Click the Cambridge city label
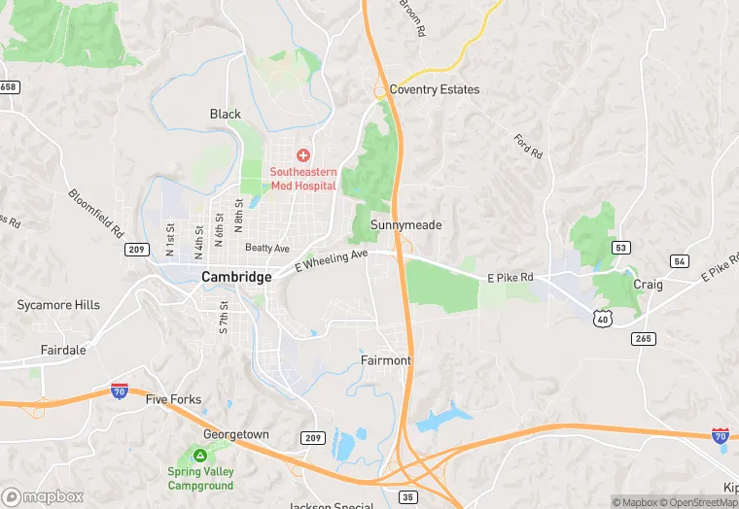click(236, 277)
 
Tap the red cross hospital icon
click(302, 155)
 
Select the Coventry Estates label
click(434, 89)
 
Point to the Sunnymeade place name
click(405, 225)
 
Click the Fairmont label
click(386, 360)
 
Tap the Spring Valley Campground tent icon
click(199, 455)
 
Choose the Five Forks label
click(172, 399)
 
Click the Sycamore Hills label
click(58, 305)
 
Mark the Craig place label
click(648, 285)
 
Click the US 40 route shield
click(603, 317)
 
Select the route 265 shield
click(642, 339)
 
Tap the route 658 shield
click(9, 87)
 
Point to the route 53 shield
click(620, 249)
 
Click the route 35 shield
click(407, 497)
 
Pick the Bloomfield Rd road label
click(96, 214)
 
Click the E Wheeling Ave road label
click(332, 260)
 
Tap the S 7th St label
click(224, 319)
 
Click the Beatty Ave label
click(267, 249)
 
